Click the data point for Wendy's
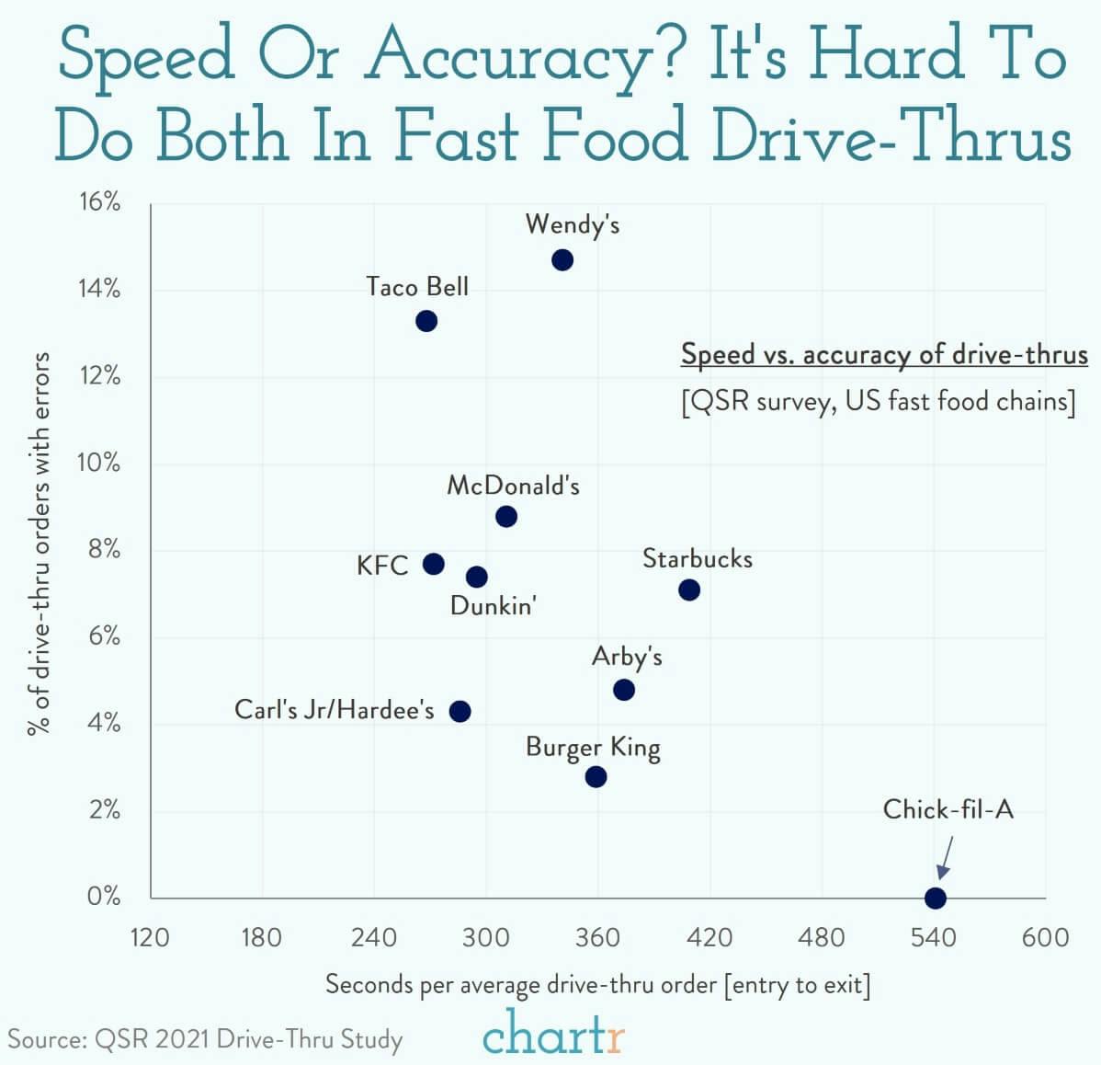click(x=562, y=260)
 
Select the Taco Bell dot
click(x=426, y=321)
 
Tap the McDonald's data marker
click(x=505, y=517)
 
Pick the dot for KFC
click(x=433, y=564)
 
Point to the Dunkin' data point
click(x=476, y=577)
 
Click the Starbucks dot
click(x=689, y=590)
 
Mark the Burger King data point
click(x=596, y=777)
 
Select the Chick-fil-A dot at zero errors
click(x=935, y=898)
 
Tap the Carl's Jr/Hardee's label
click(x=335, y=710)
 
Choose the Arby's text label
click(x=627, y=657)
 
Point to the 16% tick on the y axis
click(x=99, y=202)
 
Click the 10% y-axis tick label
click(x=99, y=463)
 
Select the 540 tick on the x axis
click(x=934, y=937)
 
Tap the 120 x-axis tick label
click(x=150, y=937)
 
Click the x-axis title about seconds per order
click(x=597, y=985)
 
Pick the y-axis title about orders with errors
click(x=39, y=543)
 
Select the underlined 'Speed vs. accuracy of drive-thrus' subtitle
click(x=884, y=355)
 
